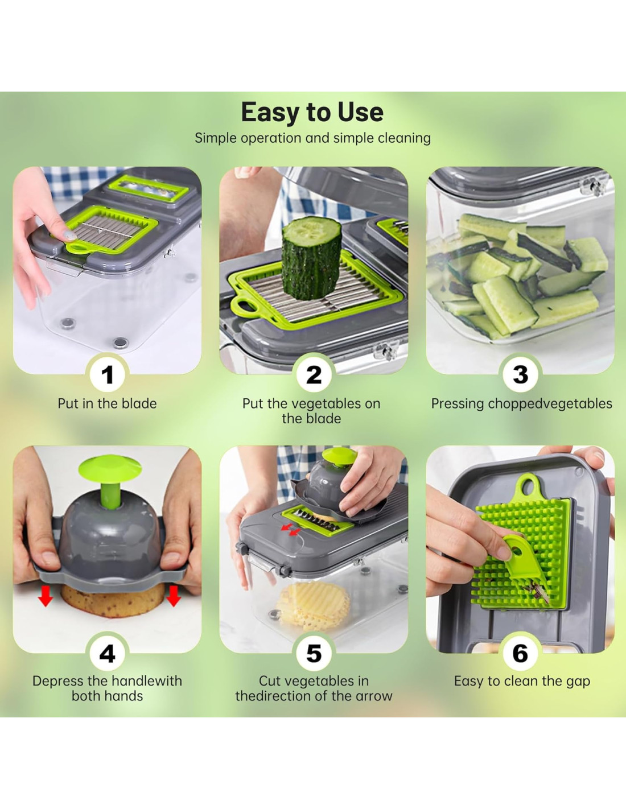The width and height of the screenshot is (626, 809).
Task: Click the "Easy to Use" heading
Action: [x=312, y=112]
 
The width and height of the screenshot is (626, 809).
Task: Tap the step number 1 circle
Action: [x=107, y=374]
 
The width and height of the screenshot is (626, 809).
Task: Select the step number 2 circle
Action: [x=314, y=374]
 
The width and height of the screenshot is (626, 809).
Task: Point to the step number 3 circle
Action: [x=520, y=374]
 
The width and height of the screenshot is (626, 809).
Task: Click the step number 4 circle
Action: [x=107, y=654]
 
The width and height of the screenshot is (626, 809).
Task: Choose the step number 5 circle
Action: [x=314, y=654]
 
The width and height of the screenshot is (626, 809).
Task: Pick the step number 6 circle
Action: [x=520, y=654]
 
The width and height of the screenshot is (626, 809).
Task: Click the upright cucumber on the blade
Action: [x=311, y=258]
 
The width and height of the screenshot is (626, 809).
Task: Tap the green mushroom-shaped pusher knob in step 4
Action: [x=110, y=478]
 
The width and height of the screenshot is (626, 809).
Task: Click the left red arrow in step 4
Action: [x=46, y=595]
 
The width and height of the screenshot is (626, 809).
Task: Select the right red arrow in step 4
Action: [x=174, y=595]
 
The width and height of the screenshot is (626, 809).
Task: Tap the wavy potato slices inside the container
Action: [x=313, y=606]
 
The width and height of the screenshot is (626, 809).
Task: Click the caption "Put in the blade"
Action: [x=107, y=404]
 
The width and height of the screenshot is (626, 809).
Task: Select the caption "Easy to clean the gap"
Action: [x=522, y=682]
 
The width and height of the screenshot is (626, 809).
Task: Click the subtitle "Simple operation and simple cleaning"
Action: [x=313, y=138]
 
